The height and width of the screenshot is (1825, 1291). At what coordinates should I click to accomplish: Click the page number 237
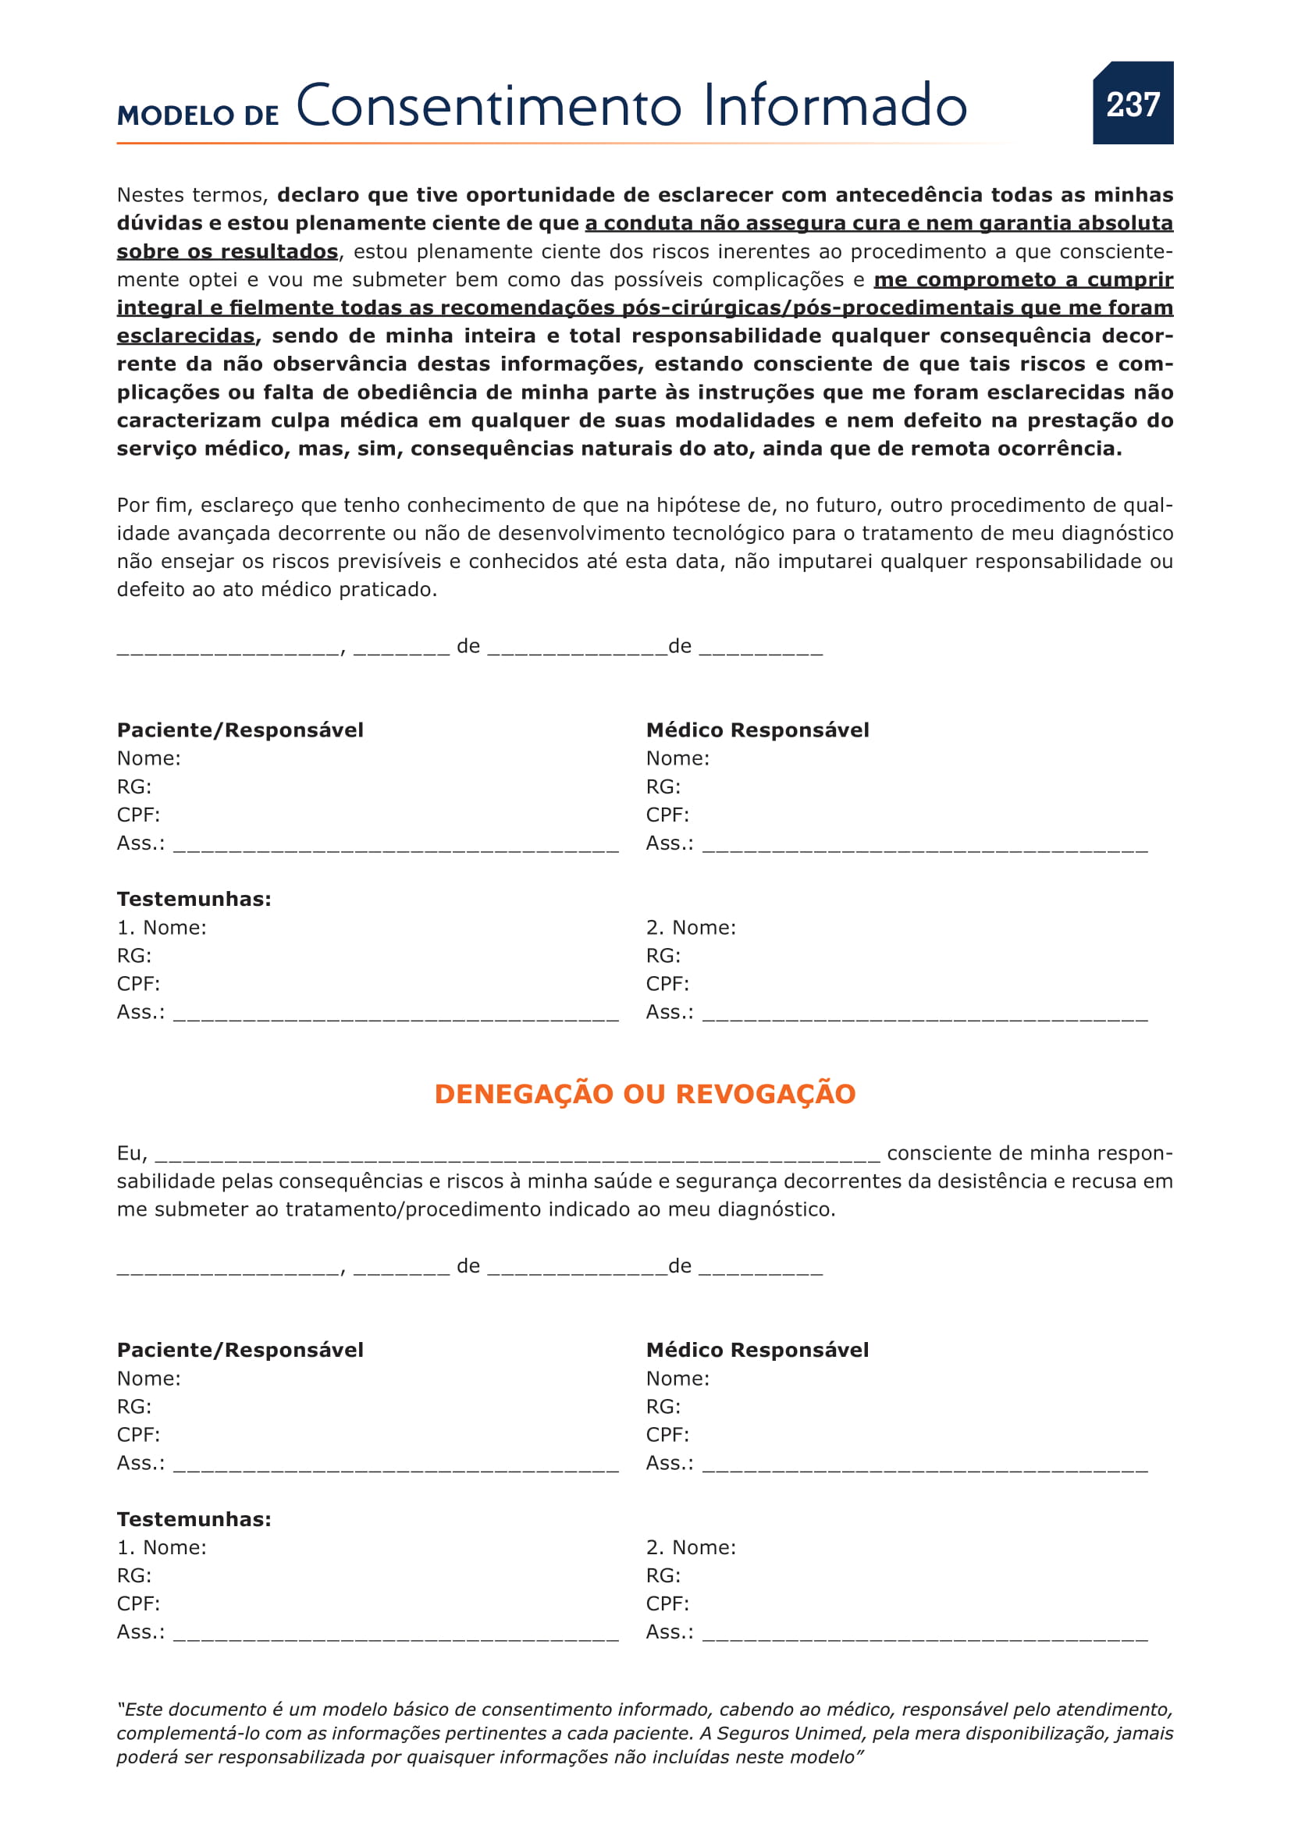coord(1133,104)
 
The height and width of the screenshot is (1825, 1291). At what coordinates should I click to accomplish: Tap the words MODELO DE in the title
coord(198,115)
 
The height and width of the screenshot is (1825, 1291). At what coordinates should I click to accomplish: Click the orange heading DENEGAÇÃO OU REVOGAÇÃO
coord(645,1094)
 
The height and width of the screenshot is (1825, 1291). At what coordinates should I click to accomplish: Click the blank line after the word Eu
coord(517,1154)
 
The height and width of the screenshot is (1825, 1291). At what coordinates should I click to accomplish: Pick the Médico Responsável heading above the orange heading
coord(757,730)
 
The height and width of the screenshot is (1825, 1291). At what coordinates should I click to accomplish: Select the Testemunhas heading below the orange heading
coord(194,1519)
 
